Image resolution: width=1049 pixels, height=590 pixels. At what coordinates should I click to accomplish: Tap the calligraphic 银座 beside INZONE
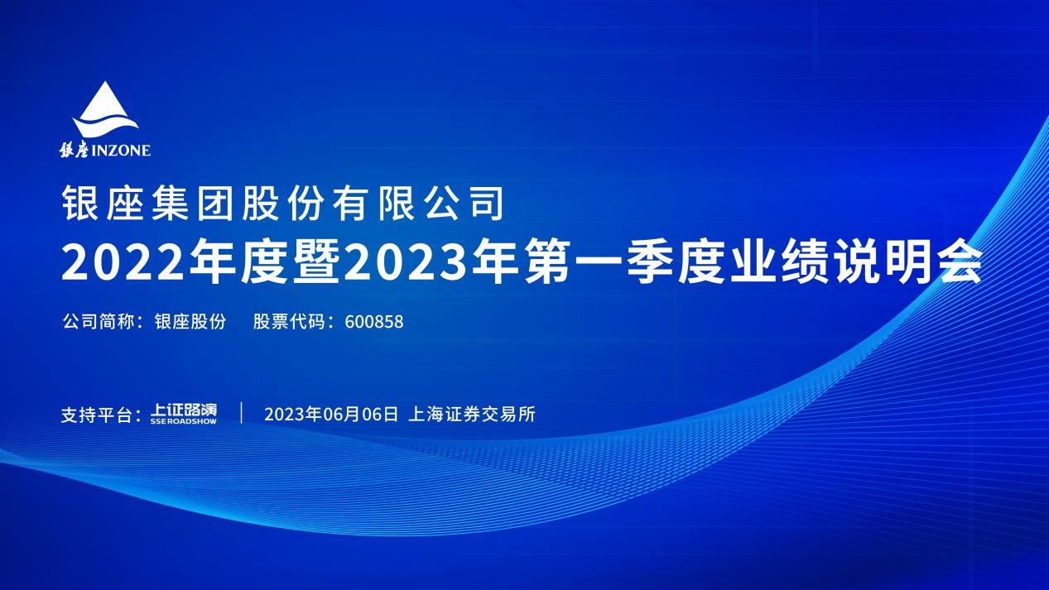point(74,150)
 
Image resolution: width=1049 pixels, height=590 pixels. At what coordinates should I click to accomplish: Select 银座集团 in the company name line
point(147,204)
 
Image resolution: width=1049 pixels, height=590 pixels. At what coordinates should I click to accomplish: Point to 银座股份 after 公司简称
point(190,322)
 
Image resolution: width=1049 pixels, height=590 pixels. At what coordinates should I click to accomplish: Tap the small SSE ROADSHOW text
point(184,421)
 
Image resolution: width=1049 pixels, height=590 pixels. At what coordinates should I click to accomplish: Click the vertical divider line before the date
point(241,413)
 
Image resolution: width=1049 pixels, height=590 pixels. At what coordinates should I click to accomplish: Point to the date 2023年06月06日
point(331,415)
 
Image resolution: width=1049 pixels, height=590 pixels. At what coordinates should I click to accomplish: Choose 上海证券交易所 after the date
point(472,415)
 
